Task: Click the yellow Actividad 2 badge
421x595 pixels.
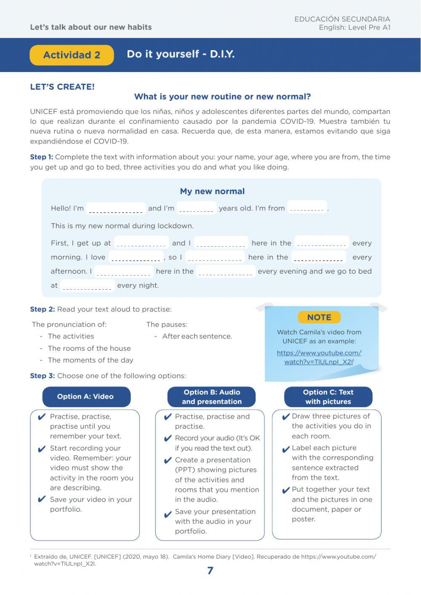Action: [x=72, y=55]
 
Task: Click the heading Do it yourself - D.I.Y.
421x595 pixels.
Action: [x=181, y=54]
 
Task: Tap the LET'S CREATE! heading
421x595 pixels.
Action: [x=62, y=87]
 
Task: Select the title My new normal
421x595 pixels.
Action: [x=212, y=191]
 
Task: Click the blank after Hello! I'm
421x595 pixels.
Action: [x=116, y=208]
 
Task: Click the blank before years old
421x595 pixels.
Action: [x=196, y=208]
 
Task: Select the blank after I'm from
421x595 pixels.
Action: [x=307, y=208]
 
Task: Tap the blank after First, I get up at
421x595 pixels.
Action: [x=141, y=243]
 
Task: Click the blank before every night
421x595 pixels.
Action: [x=87, y=285]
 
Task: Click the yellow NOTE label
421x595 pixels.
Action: [x=319, y=318]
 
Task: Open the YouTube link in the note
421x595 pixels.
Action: [x=319, y=357]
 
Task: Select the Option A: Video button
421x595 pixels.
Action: [x=86, y=397]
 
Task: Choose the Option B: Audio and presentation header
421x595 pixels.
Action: [x=212, y=397]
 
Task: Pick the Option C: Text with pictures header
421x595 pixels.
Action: [x=328, y=397]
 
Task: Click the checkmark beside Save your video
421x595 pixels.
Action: [x=41, y=499]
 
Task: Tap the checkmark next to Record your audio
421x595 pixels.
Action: [x=168, y=439]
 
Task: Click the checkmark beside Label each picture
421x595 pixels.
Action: [x=286, y=449]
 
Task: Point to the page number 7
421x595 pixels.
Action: [x=210, y=571]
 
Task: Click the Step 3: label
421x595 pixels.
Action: [x=42, y=376]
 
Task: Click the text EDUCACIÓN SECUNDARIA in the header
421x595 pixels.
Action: [x=342, y=19]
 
